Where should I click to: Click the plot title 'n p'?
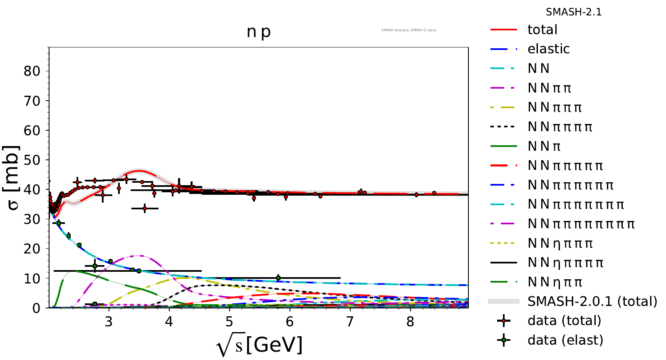tap(258, 32)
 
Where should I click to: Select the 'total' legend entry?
tap(542, 30)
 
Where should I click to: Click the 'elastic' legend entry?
tap(548, 49)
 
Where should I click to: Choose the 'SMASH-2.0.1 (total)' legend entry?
tap(592, 301)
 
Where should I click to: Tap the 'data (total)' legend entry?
tap(564, 321)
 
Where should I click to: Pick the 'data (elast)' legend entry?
tap(565, 340)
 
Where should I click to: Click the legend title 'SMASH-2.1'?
tap(574, 12)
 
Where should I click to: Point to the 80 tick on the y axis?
tap(32, 71)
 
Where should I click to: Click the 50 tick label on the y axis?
tap(32, 160)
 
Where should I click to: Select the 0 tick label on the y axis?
tap(37, 308)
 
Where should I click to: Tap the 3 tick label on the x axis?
tap(109, 322)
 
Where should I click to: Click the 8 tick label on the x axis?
tap(410, 322)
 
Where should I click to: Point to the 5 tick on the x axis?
tap(229, 322)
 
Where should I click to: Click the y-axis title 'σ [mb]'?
tap(12, 178)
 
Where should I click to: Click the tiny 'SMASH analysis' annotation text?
tap(409, 30)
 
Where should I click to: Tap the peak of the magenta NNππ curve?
tap(138, 256)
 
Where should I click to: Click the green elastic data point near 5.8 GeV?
tap(278, 278)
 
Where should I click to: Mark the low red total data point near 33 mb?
tap(145, 208)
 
